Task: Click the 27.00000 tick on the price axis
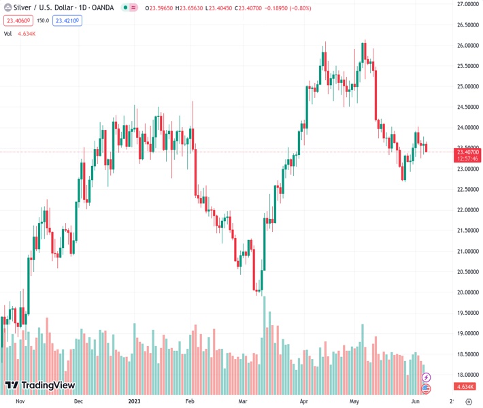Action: tap(467, 4)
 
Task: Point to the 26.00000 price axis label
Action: tap(467, 46)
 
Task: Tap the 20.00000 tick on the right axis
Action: tap(467, 292)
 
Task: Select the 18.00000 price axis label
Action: tap(467, 375)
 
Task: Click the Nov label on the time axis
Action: tap(20, 401)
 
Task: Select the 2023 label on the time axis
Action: tap(133, 401)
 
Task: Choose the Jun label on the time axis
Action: tap(416, 401)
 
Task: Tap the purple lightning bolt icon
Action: tap(427, 377)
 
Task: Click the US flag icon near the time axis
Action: tap(427, 388)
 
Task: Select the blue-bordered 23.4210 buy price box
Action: tap(68, 21)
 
